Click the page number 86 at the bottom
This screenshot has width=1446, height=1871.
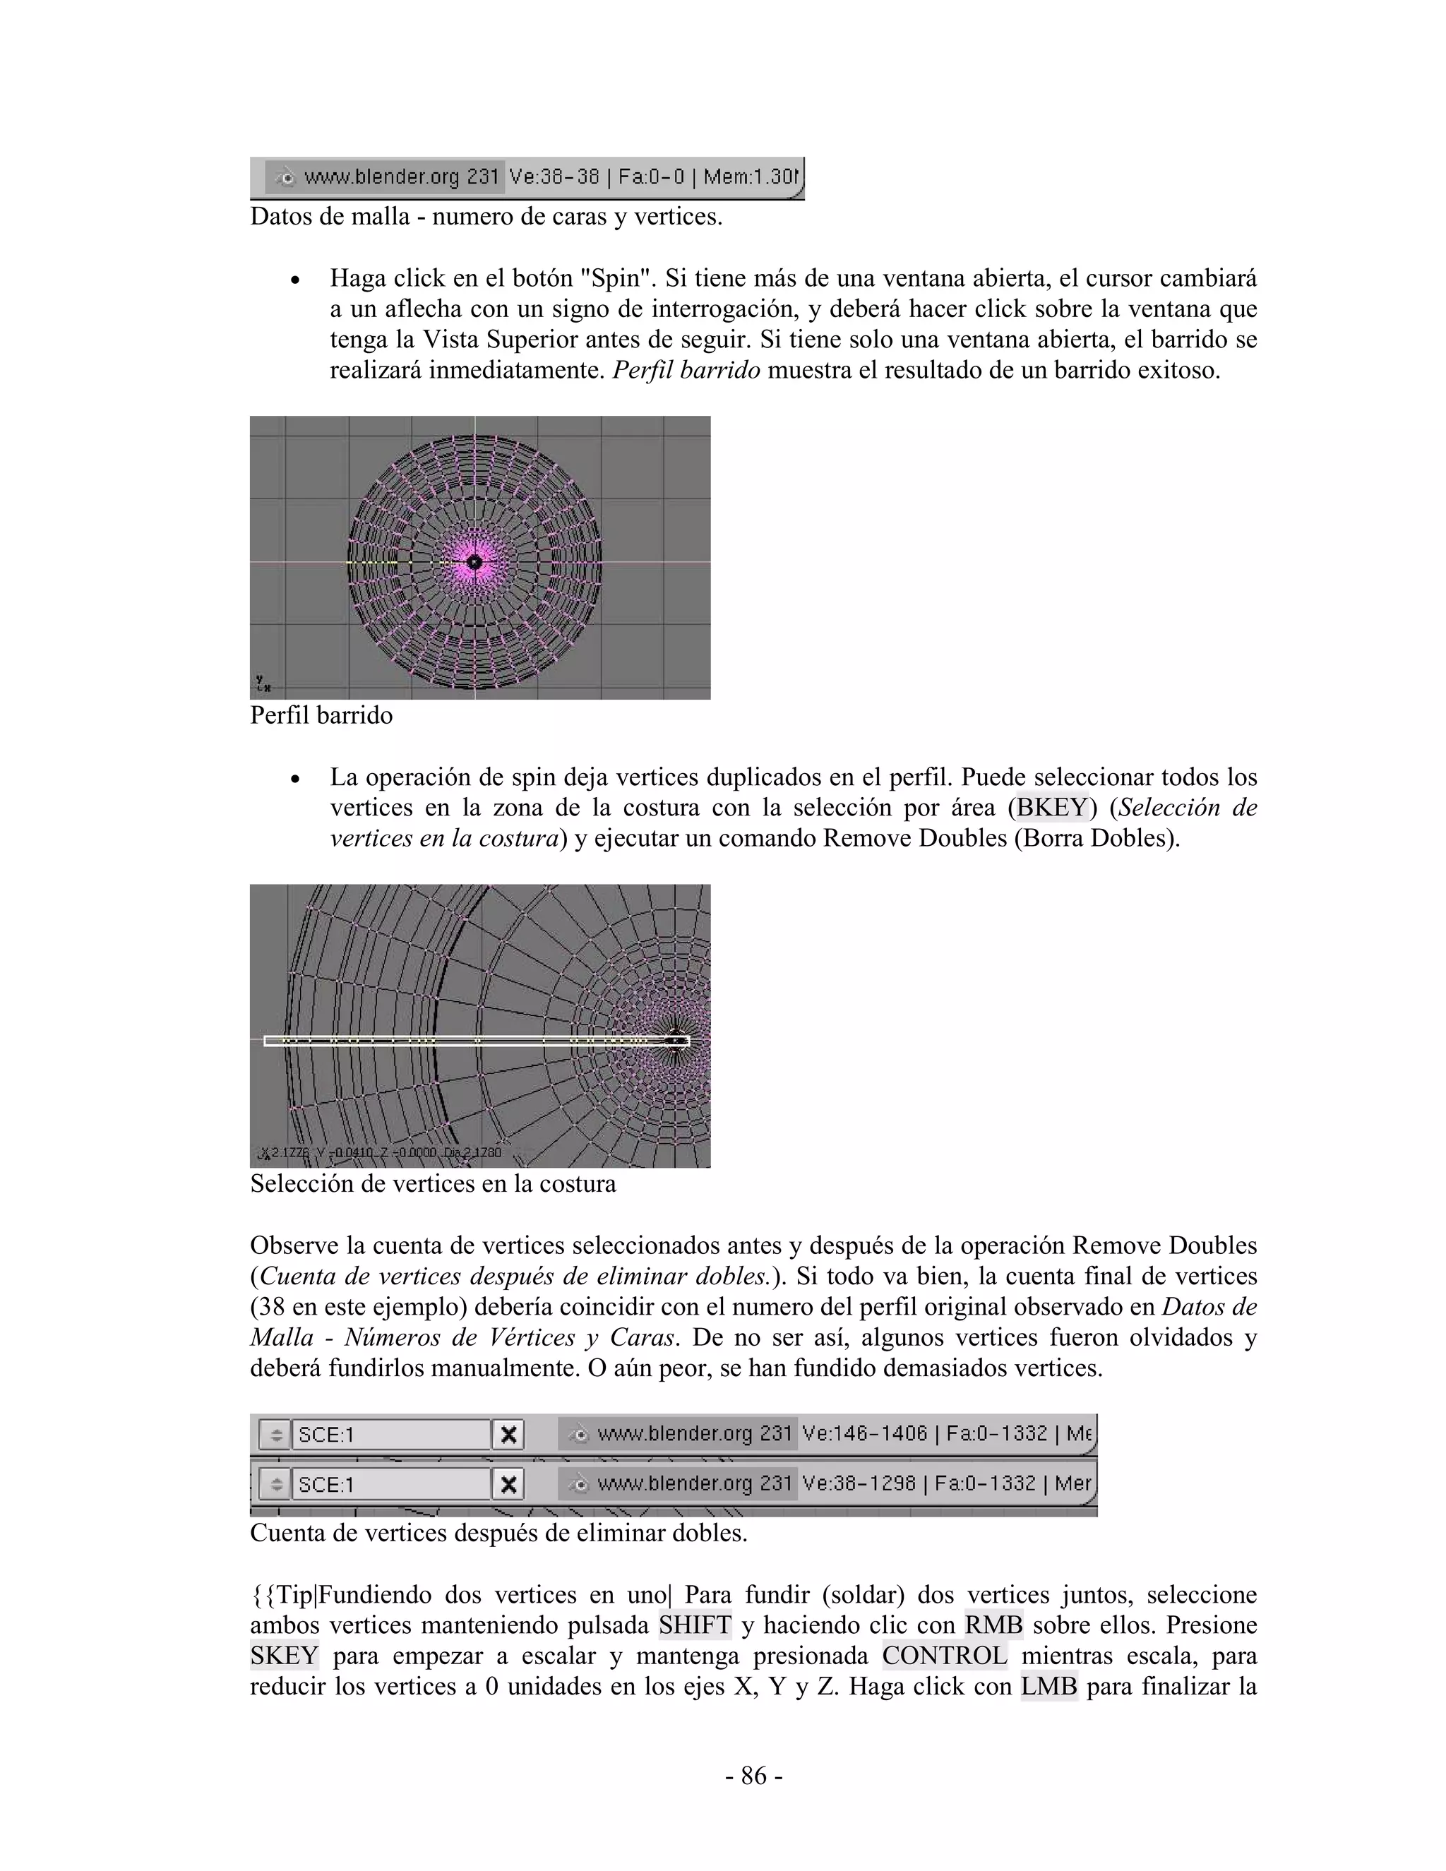click(753, 1775)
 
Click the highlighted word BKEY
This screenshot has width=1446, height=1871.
click(1051, 807)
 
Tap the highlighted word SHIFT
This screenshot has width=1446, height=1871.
click(695, 1625)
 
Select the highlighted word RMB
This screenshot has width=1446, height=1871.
click(993, 1625)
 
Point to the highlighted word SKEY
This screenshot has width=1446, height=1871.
click(284, 1655)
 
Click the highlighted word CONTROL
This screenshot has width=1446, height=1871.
click(944, 1655)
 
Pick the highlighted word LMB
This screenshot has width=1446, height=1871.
click(1048, 1686)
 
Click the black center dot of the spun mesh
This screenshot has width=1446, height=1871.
click(474, 562)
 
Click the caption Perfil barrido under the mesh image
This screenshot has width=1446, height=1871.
click(321, 715)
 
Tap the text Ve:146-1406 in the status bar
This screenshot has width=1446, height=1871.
click(864, 1433)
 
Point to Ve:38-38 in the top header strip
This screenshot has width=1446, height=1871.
click(554, 177)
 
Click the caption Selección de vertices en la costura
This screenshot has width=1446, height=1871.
click(433, 1184)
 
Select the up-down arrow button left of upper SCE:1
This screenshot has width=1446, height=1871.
click(275, 1434)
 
